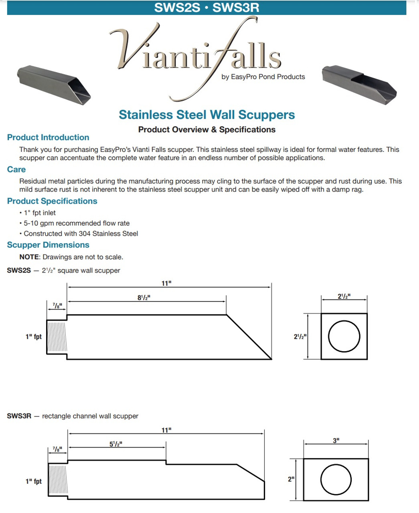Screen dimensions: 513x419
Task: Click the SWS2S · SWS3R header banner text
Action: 206,8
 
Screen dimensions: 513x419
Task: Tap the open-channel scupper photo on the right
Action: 359,84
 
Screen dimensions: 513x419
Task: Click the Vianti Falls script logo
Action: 196,56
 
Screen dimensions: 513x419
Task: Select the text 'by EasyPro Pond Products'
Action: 263,77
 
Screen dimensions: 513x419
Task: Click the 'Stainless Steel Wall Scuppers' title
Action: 206,115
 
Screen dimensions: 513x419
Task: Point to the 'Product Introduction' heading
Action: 48,137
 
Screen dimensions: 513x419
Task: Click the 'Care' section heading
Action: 16,170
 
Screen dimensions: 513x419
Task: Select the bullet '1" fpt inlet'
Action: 39,213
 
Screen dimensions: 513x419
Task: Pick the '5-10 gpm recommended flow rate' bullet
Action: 76,223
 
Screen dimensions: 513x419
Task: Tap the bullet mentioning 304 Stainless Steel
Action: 81,234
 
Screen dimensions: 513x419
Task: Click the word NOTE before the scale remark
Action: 29,257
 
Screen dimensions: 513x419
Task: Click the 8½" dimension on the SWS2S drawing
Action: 144,298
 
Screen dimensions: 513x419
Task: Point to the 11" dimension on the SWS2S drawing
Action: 166,283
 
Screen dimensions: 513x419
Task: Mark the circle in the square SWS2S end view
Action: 344,336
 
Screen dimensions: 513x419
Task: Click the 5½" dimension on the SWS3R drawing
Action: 116,444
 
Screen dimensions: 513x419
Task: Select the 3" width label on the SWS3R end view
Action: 336,440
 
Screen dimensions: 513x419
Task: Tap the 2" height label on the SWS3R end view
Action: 291,479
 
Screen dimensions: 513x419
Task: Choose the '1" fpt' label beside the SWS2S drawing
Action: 34,337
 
